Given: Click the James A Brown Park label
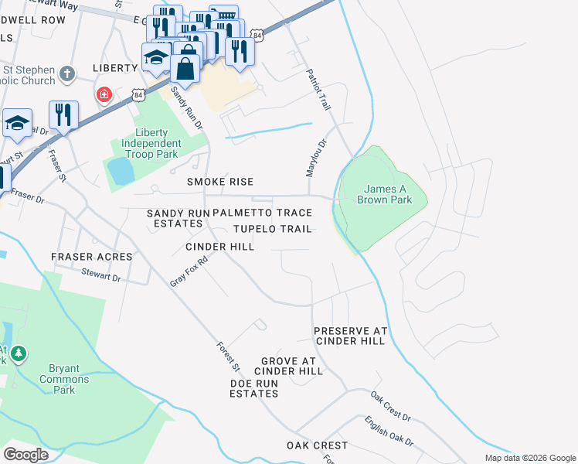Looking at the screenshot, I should (384, 194).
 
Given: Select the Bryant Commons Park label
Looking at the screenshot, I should (65, 380).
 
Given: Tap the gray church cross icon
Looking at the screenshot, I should (67, 74).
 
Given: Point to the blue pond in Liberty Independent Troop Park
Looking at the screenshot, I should (121, 171).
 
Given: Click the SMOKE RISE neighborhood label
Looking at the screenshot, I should (220, 182).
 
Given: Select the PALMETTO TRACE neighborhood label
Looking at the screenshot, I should (262, 213).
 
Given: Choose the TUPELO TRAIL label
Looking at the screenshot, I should (273, 229).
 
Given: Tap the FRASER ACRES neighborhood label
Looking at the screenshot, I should (91, 256).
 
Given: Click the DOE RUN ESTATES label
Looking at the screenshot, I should (253, 388).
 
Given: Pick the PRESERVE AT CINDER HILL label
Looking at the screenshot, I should (349, 336).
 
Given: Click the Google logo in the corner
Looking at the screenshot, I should (26, 455).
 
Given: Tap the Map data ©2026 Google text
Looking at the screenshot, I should (530, 458).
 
